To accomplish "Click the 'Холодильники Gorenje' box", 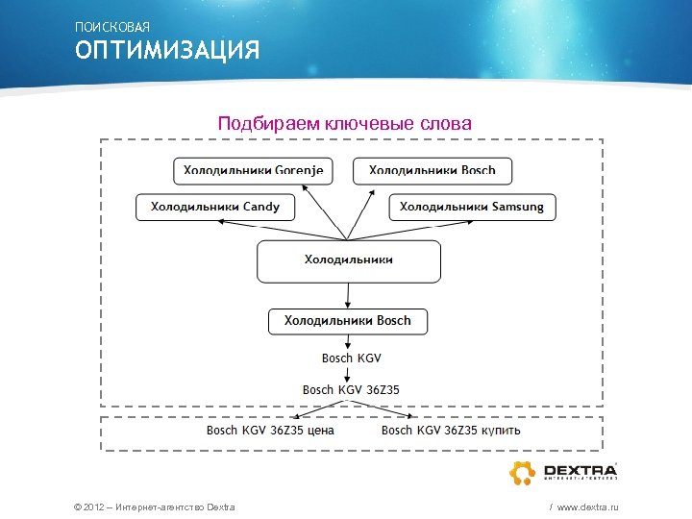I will [254, 171].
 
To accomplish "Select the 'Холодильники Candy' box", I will [221, 207].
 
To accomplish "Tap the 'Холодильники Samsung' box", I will [472, 207].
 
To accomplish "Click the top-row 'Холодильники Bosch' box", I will [432, 171].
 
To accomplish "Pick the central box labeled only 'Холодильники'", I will [349, 260].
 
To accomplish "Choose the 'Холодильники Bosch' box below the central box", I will [348, 321].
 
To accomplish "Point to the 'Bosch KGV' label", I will [352, 358].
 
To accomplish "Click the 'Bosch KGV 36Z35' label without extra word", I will [352, 390].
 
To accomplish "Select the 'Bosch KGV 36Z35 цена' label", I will [271, 431].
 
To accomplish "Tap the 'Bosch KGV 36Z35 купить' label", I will [451, 431].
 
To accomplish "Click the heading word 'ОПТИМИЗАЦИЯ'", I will [168, 50].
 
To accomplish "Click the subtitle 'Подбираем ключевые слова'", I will [345, 124].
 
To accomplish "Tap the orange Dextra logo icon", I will [522, 473].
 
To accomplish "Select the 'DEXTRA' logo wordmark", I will [579, 469].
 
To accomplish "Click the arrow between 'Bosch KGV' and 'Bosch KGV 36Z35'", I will [349, 375].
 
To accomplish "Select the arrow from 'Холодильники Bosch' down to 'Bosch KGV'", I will [349, 341].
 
